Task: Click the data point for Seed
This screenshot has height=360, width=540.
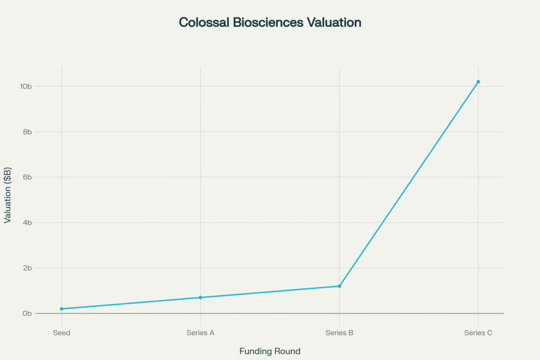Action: click(x=62, y=309)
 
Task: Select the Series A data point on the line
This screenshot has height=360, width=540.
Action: click(x=200, y=297)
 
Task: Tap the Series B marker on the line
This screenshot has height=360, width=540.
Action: click(x=339, y=286)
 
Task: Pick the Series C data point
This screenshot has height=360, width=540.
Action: click(x=478, y=82)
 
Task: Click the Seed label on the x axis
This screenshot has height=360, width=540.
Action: click(x=62, y=333)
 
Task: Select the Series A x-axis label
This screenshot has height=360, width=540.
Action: click(x=200, y=333)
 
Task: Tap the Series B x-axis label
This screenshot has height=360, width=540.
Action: click(x=339, y=333)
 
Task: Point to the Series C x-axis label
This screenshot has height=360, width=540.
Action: click(x=478, y=333)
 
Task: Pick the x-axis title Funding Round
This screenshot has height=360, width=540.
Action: click(x=270, y=351)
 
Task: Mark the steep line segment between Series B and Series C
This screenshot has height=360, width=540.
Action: click(x=409, y=184)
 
